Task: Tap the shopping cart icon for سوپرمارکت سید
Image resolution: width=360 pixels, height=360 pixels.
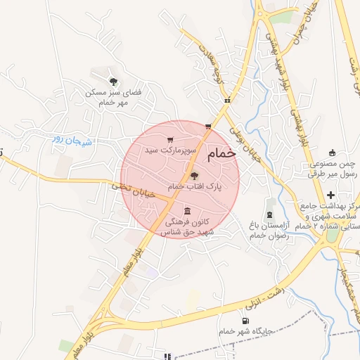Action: point(170,140)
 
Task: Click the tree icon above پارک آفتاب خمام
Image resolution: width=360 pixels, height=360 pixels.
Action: point(195,176)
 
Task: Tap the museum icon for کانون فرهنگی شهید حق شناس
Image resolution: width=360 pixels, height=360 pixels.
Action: point(187,211)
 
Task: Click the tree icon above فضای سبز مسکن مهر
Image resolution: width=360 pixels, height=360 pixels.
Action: point(113,82)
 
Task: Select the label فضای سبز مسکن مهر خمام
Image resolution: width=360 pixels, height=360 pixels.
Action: point(113,97)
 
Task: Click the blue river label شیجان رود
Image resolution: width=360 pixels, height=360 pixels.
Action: point(73,139)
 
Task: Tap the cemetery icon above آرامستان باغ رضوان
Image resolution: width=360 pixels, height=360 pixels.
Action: point(270,213)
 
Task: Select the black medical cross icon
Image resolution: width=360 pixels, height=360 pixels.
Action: point(330,194)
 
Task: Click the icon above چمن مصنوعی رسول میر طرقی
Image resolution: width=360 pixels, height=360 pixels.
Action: point(333,153)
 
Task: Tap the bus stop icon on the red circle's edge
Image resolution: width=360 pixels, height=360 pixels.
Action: point(208,127)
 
